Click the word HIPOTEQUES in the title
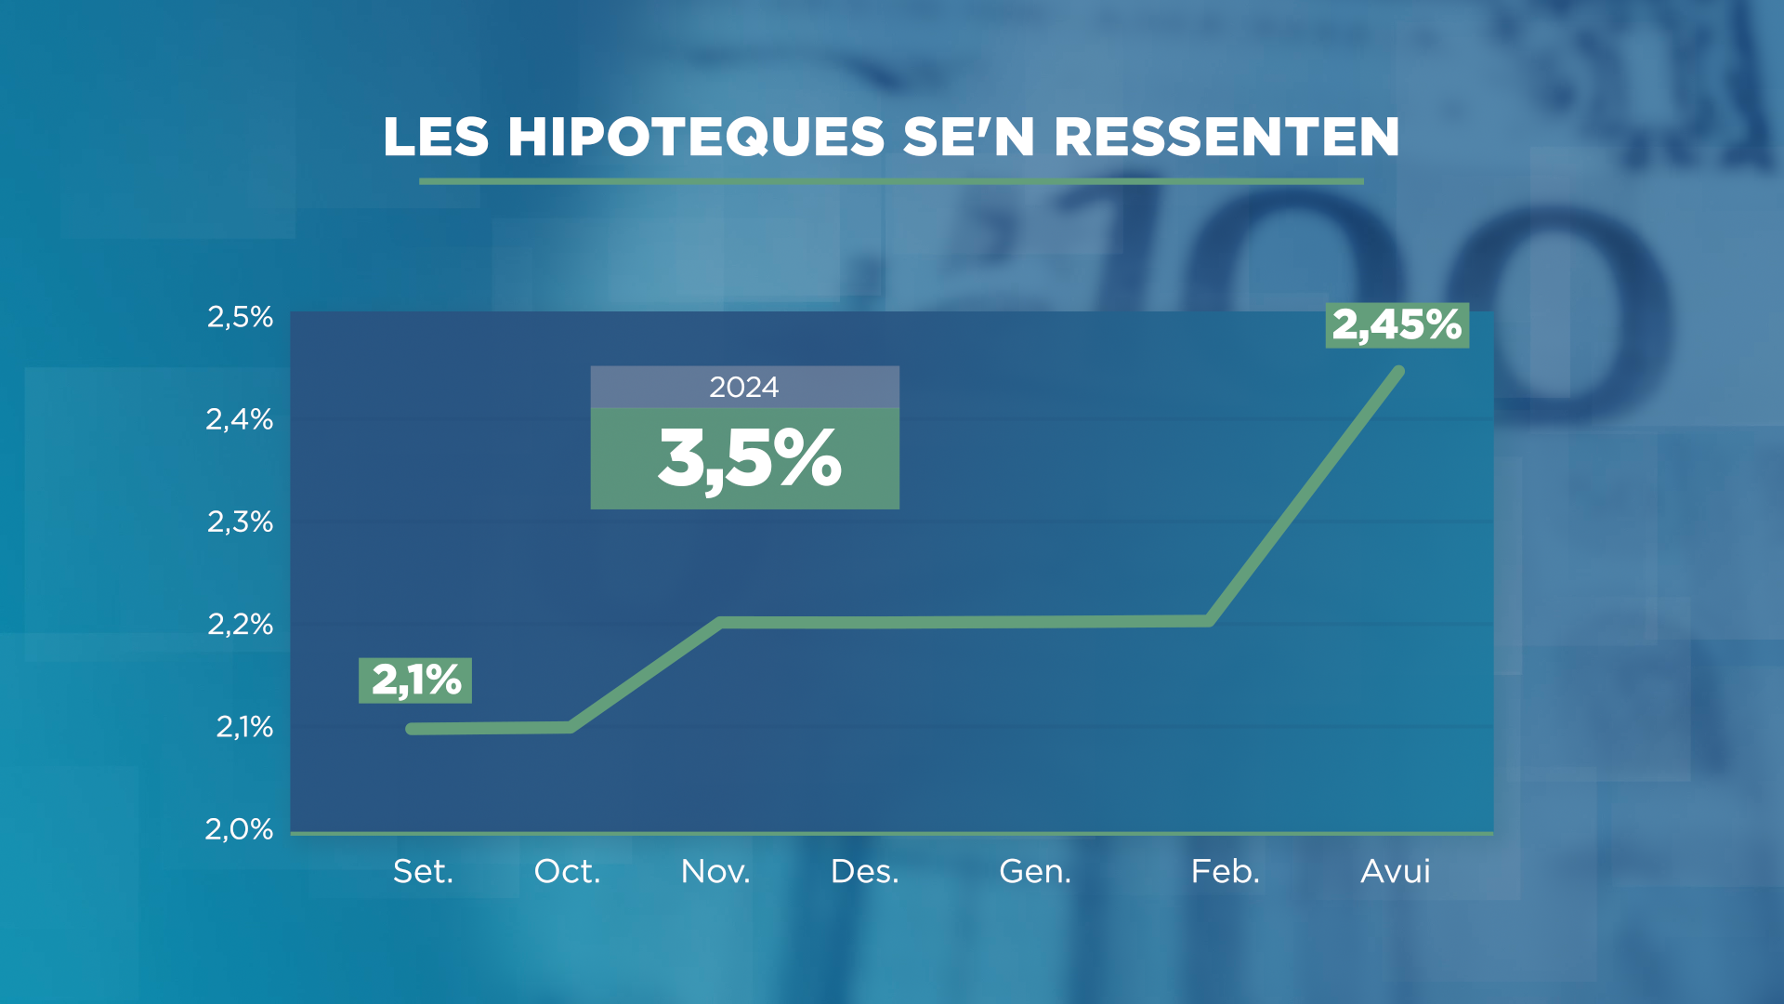click(696, 137)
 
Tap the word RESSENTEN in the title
click(1226, 137)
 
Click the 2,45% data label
click(1397, 325)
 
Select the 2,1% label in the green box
click(415, 680)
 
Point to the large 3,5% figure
click(749, 459)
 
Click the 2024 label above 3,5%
click(743, 387)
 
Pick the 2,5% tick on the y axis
click(240, 317)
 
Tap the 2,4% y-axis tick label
click(240, 419)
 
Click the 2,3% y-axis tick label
click(240, 522)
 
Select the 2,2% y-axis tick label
click(240, 624)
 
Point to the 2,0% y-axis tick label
click(240, 828)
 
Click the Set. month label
click(423, 871)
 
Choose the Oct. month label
click(567, 871)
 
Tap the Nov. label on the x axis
click(715, 871)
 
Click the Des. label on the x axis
click(864, 871)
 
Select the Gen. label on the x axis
click(1035, 871)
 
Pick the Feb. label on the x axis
click(1226, 871)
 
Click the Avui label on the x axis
click(1395, 871)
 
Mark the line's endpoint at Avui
click(1399, 372)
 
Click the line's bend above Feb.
click(1209, 620)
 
